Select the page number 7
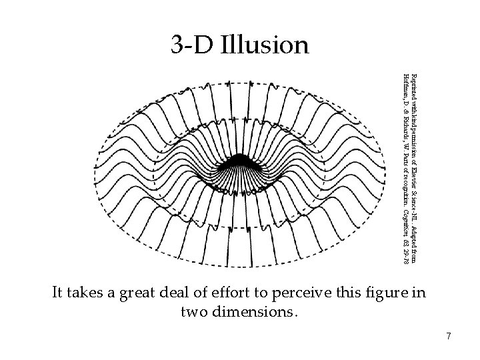coord(449,337)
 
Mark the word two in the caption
coord(195,311)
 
